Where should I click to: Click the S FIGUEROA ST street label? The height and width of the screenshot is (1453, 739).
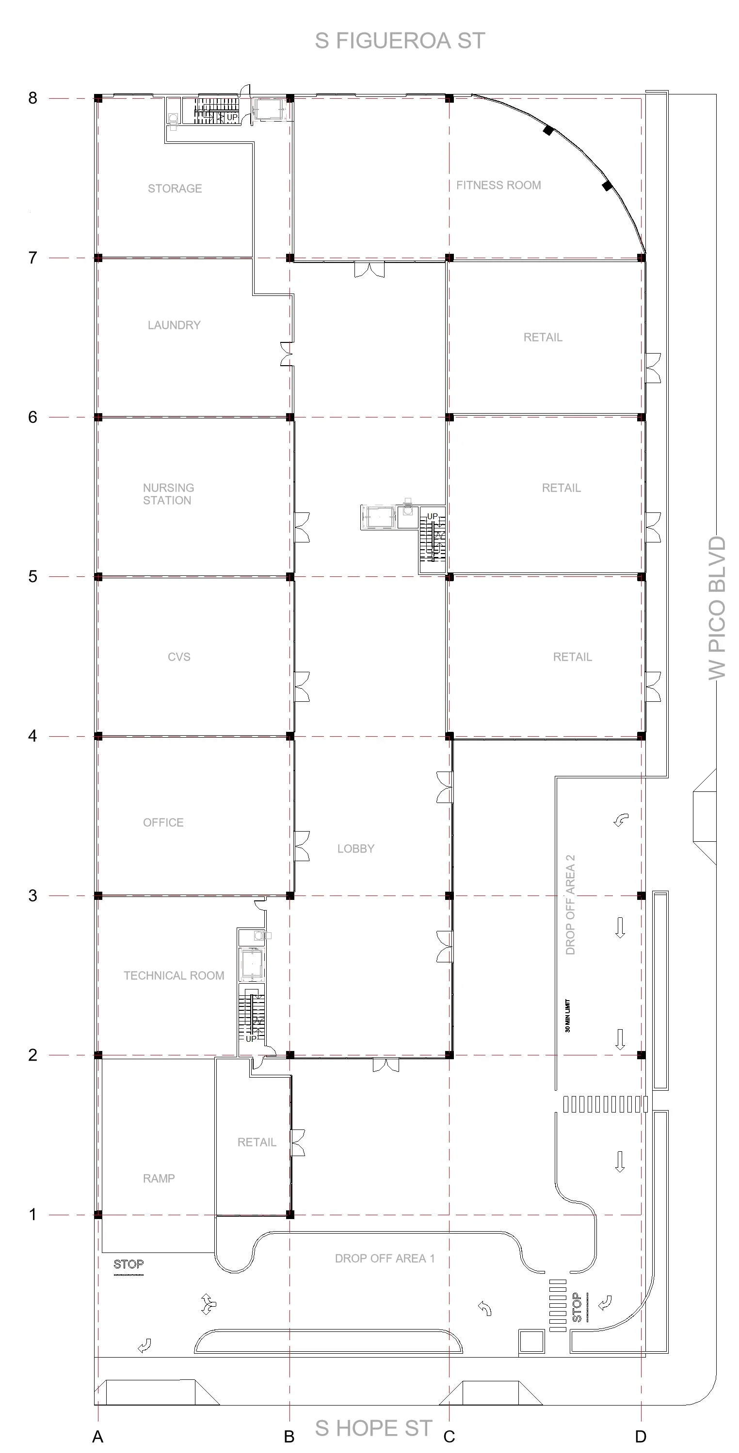coord(400,41)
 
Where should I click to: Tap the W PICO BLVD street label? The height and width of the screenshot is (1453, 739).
coord(717,608)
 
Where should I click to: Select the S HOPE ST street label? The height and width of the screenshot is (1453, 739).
coord(374,1428)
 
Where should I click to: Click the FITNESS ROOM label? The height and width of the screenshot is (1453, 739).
coord(498,185)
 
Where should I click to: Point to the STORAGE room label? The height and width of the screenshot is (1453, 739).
coord(175,189)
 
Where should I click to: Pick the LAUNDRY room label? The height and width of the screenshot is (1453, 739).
coord(174,325)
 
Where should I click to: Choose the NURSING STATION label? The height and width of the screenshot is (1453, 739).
coord(168,494)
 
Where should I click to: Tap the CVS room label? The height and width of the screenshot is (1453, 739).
coord(179,657)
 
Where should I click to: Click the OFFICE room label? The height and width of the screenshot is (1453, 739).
coord(163,823)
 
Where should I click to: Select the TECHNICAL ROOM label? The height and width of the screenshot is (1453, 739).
coord(174,976)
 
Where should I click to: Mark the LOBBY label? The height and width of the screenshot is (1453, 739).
coord(355,849)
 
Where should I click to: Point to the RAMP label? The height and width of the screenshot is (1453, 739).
coord(159,1178)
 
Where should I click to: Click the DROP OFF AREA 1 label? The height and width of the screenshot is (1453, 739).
coord(385,1258)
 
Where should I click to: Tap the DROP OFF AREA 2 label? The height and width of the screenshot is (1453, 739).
coord(570,905)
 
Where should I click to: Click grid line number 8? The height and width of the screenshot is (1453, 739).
coord(33,98)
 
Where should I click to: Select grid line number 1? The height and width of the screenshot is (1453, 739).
coord(33,1214)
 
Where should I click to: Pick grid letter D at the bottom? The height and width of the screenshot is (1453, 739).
coord(641,1437)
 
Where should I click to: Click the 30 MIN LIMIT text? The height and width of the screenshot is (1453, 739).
coord(567,1016)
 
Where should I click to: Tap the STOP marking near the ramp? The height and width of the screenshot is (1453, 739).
coord(129,1264)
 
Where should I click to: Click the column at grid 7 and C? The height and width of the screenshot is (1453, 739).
coord(450,258)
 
